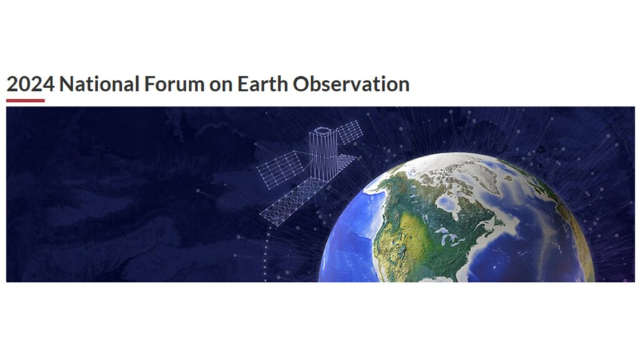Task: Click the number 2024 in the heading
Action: [x=31, y=84]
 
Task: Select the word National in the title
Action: [x=99, y=84]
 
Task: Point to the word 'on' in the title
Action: [x=221, y=86]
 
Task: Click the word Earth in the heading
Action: [x=262, y=84]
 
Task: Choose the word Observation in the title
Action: [x=351, y=84]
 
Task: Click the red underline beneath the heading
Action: [x=25, y=101]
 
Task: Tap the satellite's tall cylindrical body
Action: [x=323, y=154]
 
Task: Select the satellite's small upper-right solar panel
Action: [x=349, y=131]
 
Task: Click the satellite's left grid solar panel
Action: [x=281, y=169]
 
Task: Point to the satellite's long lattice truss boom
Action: [x=291, y=202]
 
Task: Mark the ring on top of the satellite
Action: [x=323, y=131]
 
